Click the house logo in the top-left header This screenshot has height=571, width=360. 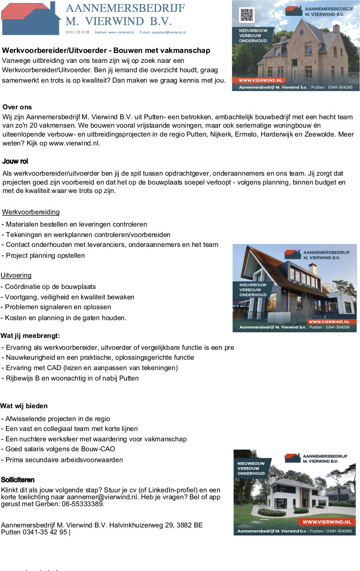tap(31, 18)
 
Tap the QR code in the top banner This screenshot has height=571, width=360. tap(246, 15)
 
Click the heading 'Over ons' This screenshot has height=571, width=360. tap(17, 107)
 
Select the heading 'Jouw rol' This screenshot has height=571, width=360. tap(15, 161)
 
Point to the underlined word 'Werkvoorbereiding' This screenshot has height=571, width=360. tap(31, 212)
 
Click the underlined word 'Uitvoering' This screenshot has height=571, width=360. tap(16, 275)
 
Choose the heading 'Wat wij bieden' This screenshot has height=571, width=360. tap(24, 406)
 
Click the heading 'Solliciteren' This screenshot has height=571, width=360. tap(18, 480)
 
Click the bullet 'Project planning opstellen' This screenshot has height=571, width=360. tap(45, 255)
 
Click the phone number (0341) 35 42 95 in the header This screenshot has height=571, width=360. tap(78, 32)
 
